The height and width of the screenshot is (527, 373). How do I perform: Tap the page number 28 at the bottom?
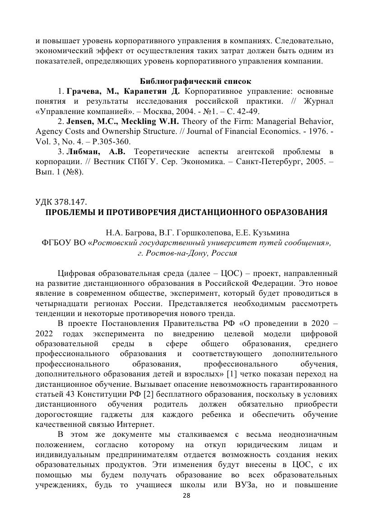[186, 508]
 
